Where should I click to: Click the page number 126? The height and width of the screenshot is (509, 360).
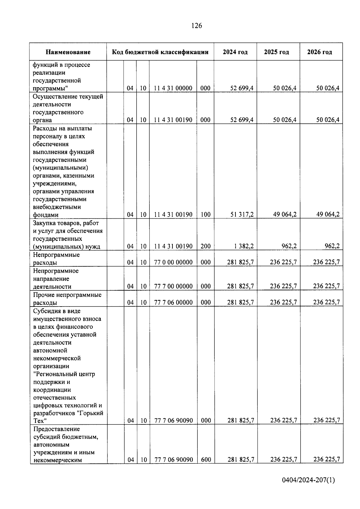coord(196,26)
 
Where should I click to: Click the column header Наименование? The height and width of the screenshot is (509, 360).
coord(68,52)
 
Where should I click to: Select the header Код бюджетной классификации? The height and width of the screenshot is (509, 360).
coord(160,52)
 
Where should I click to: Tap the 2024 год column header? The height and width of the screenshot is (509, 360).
coord(235,52)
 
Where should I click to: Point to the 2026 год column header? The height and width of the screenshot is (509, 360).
coord(319,52)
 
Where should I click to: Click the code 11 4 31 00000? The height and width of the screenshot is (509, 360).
coord(173,88)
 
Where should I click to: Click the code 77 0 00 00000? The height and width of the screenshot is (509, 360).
coord(173,262)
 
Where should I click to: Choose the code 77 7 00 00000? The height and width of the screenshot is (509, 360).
coord(173,286)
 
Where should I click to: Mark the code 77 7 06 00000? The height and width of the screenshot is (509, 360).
coord(173,302)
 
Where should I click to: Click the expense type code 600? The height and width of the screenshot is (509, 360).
coord(206,460)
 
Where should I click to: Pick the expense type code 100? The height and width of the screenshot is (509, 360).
coord(205,214)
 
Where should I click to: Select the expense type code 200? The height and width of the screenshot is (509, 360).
coord(205,246)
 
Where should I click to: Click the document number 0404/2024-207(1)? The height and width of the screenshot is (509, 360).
coord(308,480)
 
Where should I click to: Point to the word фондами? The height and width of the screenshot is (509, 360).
coord(46,215)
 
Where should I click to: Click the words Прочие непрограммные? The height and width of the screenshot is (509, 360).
coord(67,295)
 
